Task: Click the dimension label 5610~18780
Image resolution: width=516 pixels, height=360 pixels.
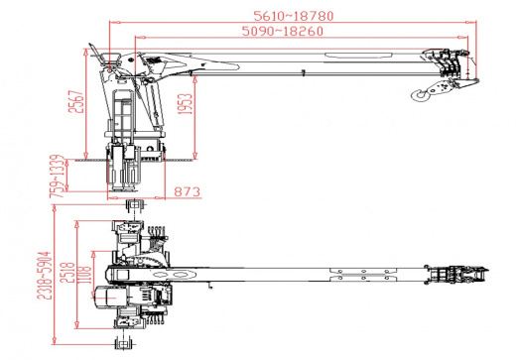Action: pos(294,16)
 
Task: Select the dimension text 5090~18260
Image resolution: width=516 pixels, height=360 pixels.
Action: pos(283,31)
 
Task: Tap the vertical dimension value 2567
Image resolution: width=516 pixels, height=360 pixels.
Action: pos(75,101)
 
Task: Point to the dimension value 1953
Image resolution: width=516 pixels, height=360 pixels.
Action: pos(185,104)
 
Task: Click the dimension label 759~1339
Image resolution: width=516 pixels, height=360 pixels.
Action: pos(57,177)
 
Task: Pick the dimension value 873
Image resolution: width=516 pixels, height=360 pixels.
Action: pos(188,191)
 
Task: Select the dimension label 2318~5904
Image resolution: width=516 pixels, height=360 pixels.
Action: pos(45,276)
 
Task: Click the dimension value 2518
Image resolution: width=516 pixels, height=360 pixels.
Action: pos(67,272)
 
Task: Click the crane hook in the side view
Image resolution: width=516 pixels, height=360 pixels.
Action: pos(420,94)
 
